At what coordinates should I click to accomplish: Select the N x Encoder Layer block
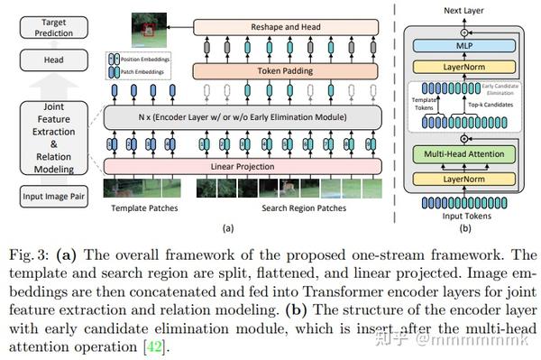[275, 117]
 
